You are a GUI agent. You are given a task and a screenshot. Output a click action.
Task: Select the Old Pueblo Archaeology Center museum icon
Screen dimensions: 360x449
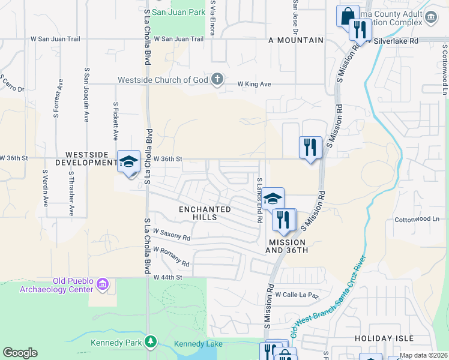[103, 283]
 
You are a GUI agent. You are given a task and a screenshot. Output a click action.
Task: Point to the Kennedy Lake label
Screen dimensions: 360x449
[198, 344]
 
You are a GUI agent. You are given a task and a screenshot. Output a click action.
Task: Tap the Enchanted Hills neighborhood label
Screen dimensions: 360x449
[205, 213]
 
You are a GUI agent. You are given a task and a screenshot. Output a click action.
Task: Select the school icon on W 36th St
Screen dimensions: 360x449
[128, 161]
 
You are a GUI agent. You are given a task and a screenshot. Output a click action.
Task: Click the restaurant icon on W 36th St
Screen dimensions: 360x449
[310, 147]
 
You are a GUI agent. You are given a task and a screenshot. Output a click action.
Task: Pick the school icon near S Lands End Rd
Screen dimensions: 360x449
[273, 199]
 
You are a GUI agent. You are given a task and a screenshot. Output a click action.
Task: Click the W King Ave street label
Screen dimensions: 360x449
[255, 84]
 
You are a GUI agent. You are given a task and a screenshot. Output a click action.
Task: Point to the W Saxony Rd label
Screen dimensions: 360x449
[172, 234]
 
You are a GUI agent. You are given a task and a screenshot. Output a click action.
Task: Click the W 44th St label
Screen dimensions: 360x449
[167, 277]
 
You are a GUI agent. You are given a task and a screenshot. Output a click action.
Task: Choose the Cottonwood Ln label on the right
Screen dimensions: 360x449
[417, 220]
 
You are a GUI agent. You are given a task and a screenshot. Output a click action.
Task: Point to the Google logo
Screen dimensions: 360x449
[20, 353]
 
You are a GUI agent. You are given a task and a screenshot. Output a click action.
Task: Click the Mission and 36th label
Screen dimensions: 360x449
[288, 246]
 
